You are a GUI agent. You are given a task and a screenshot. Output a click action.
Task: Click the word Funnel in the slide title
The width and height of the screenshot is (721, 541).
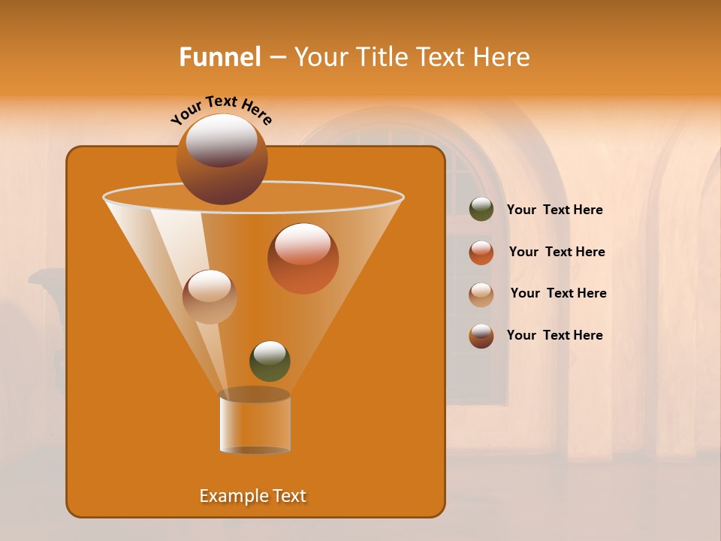220,57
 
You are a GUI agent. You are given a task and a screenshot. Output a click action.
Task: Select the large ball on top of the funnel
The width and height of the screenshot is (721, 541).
222,159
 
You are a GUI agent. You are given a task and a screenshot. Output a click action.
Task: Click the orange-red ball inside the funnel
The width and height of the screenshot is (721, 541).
303,258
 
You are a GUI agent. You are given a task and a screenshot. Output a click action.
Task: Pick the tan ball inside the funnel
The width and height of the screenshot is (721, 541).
210,296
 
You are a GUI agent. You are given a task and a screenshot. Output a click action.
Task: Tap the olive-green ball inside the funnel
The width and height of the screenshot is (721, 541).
270,361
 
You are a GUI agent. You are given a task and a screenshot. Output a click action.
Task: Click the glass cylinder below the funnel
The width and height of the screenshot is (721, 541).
255,422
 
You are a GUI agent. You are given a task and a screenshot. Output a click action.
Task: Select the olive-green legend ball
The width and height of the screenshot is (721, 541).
481,210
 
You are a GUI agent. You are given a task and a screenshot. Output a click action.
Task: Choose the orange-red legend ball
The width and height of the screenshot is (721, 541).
481,252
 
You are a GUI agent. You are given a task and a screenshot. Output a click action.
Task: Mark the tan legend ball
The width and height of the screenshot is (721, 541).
481,295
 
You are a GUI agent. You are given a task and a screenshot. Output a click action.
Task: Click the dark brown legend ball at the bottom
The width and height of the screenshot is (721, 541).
481,336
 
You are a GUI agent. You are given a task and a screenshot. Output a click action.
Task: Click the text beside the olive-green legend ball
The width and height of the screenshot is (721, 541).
554,210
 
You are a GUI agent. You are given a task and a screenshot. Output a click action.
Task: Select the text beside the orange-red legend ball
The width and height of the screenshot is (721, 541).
557,252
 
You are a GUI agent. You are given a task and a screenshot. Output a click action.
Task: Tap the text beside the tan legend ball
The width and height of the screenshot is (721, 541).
558,294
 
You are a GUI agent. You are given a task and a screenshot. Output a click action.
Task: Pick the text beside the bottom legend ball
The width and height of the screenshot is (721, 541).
554,336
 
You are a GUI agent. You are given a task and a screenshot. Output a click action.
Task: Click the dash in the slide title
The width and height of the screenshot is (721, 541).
276,58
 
